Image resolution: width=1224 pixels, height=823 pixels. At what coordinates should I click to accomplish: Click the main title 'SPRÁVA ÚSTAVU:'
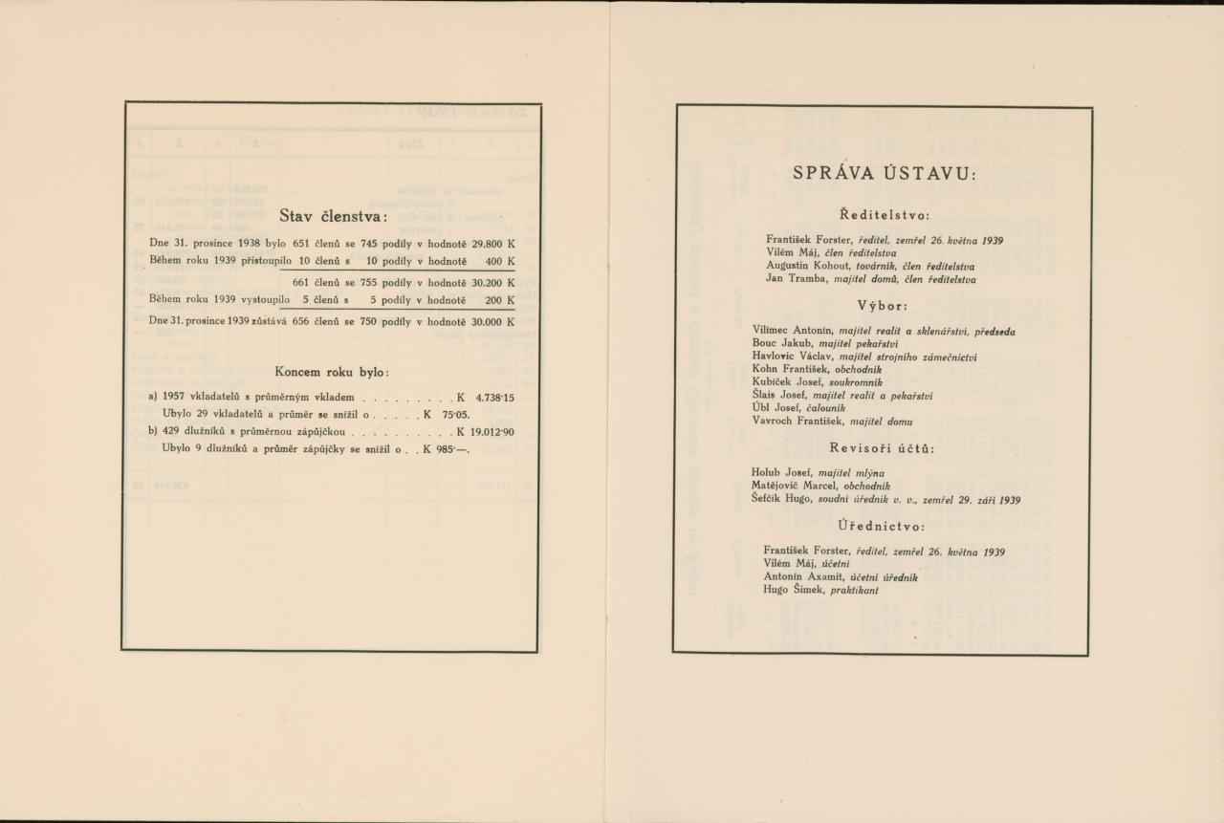[x=884, y=174]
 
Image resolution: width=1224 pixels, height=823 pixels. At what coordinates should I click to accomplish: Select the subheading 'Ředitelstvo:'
[x=884, y=215]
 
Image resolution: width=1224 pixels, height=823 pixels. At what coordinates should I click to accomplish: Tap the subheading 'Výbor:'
[x=884, y=307]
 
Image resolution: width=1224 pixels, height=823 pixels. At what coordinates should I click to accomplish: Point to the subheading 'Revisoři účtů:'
[x=883, y=448]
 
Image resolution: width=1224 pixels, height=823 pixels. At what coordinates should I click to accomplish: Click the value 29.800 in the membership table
[x=486, y=244]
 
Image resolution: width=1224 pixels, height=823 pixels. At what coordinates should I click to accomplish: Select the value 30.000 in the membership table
[x=486, y=322]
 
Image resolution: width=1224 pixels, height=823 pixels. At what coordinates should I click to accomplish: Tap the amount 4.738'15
[x=494, y=396]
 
